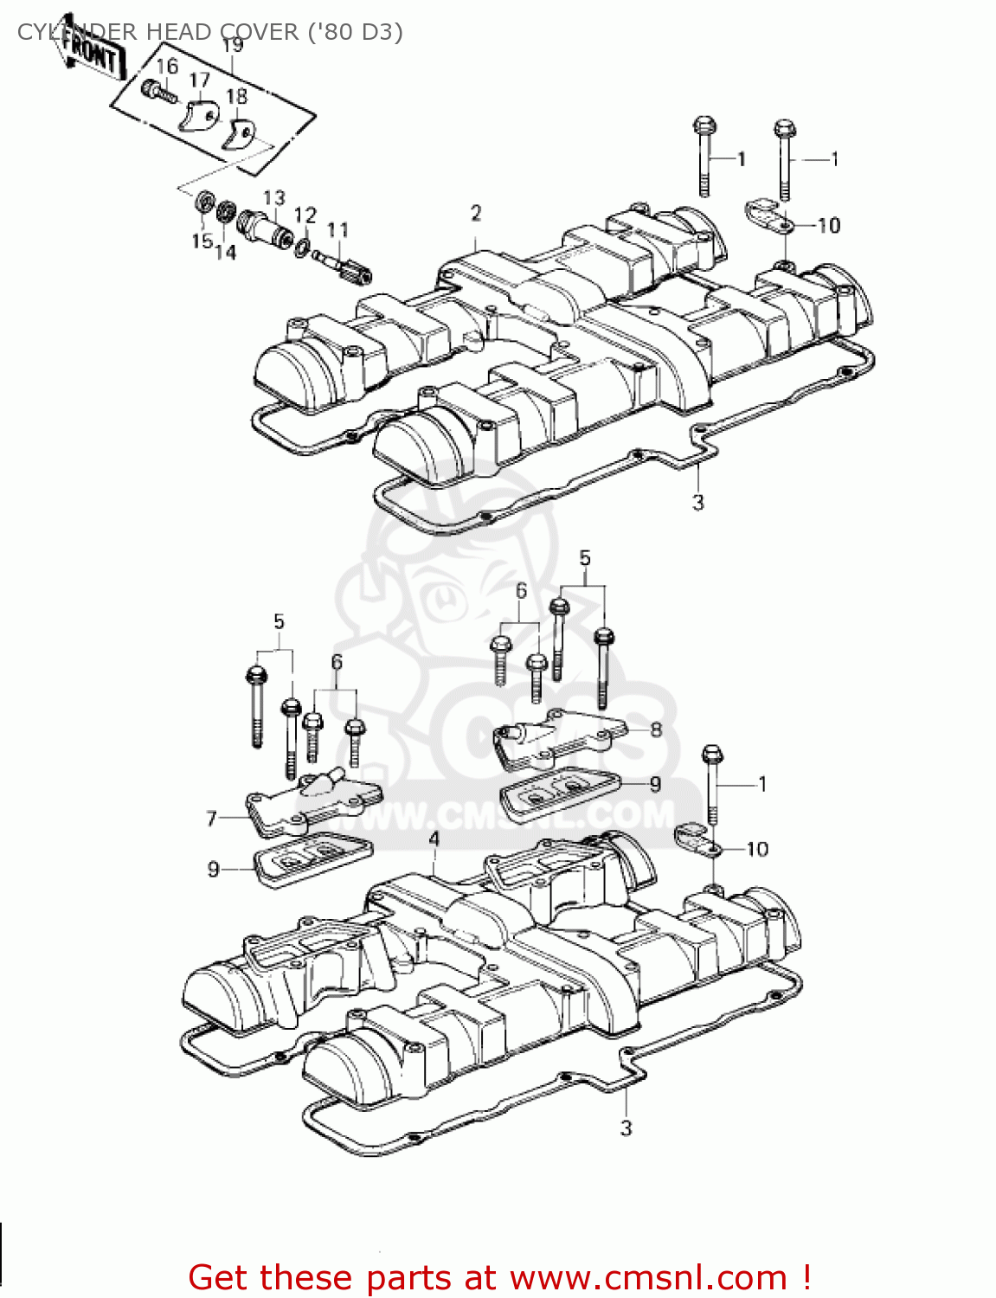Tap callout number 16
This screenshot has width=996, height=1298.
point(167,67)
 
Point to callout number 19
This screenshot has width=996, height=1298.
point(232,45)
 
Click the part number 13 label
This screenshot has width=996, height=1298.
point(274,197)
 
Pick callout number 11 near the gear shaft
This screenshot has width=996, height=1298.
point(337,229)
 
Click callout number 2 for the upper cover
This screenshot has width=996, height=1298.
point(476,213)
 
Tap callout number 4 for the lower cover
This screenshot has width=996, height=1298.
point(434,839)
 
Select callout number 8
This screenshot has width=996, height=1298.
point(656,729)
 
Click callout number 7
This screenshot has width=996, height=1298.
point(211,818)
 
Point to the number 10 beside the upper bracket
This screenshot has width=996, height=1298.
point(829,226)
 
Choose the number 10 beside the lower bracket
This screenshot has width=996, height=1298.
point(757,850)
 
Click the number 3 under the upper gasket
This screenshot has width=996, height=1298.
point(698,502)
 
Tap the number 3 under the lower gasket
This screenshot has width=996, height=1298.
point(627,1128)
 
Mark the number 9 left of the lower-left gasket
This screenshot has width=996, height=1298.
point(214,869)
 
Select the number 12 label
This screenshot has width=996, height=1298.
point(305,215)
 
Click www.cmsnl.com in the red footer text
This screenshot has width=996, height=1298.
point(648,1277)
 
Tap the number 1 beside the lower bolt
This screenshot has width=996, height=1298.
point(762,784)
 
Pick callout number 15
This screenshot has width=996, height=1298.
point(201,241)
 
